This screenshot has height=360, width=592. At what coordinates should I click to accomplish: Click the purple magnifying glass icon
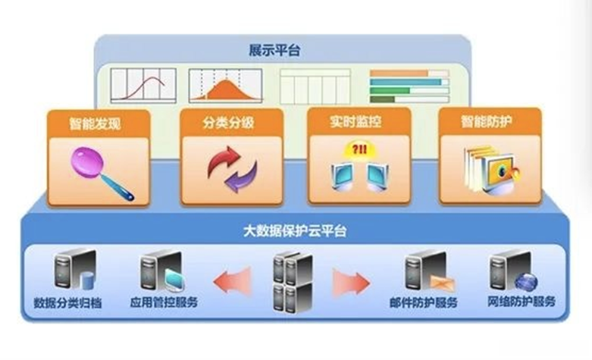coord(101,171)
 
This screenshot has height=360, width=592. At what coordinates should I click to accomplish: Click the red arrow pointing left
coord(232,281)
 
